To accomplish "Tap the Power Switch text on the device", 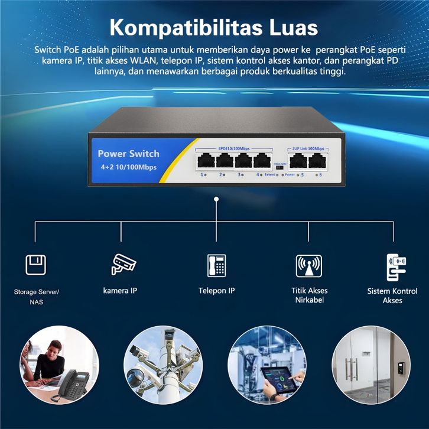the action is [x=128, y=154].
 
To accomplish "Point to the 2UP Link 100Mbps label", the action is [x=309, y=148].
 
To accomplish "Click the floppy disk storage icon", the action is [x=35, y=264].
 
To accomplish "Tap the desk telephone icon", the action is [x=216, y=265].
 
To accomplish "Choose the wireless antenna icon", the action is [x=308, y=266].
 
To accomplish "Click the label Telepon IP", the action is [x=216, y=291].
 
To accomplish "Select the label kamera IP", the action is [x=120, y=291].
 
